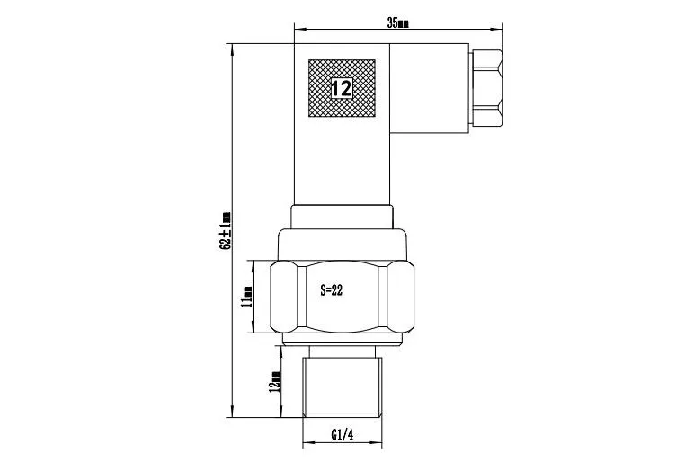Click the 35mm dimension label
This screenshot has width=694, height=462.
[x=398, y=23]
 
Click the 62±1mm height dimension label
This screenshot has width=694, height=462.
[x=226, y=230]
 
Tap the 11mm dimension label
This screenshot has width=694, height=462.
[x=246, y=296]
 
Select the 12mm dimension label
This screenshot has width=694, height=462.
[x=274, y=381]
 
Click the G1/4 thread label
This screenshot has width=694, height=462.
[x=343, y=434]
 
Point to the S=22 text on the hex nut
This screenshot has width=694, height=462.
[x=332, y=290]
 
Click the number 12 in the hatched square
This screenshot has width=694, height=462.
[x=342, y=88]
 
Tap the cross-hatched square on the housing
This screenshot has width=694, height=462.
[x=342, y=88]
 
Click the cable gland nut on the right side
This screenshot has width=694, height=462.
[x=487, y=88]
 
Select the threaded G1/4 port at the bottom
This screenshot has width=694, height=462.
[x=343, y=386]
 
